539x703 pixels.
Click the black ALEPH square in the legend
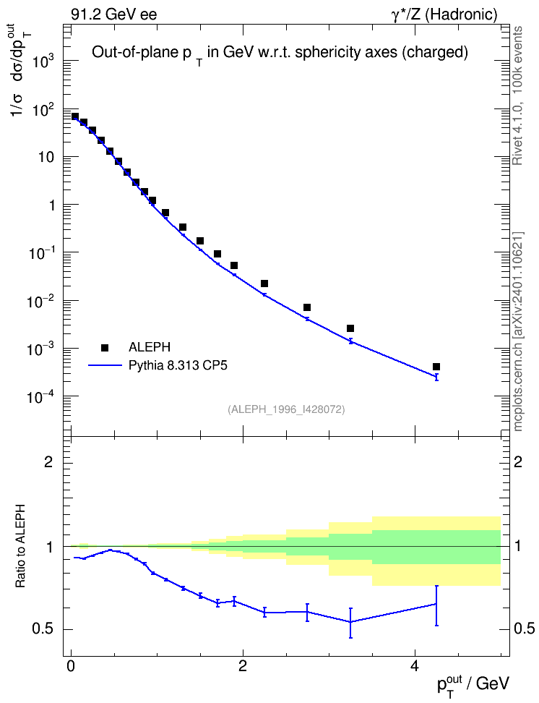105,347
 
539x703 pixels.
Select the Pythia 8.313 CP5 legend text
178,365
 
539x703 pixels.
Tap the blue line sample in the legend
105,366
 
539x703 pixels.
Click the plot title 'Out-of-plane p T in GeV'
280,54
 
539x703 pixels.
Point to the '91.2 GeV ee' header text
114,14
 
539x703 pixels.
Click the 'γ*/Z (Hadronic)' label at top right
444,14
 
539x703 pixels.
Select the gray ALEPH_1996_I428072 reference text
286,409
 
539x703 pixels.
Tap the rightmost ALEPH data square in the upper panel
436,367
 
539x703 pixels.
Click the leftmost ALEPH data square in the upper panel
75,116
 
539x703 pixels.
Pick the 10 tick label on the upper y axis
46,158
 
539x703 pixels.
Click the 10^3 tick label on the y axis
43,61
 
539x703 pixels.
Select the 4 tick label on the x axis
415,666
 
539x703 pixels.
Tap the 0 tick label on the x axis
70,666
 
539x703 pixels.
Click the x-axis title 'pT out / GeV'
473,685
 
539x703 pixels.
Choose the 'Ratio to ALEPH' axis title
20,547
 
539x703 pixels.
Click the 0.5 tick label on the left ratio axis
43,629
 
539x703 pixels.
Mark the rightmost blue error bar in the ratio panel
436,605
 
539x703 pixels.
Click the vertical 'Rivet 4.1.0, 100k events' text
517,95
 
